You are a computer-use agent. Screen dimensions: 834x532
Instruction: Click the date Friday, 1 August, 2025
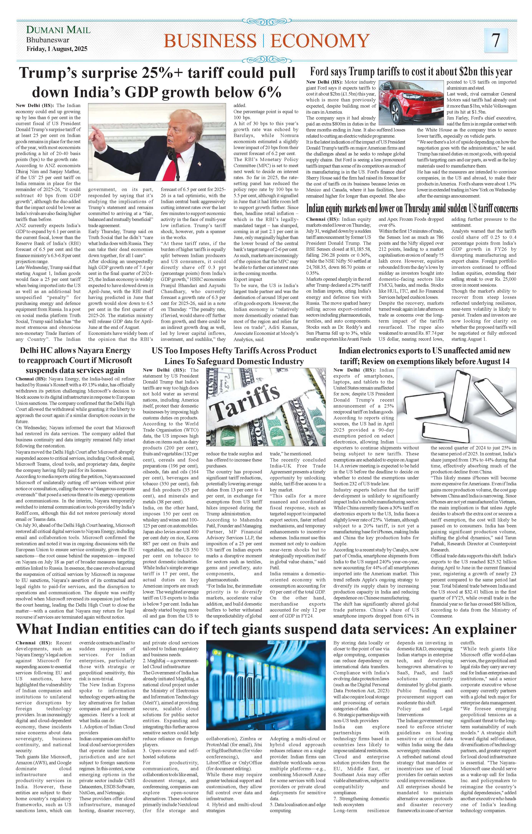tap(57, 49)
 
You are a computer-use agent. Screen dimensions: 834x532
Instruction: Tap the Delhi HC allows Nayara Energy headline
tap(75, 360)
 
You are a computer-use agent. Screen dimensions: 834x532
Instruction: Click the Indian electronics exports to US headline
tap(424, 356)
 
